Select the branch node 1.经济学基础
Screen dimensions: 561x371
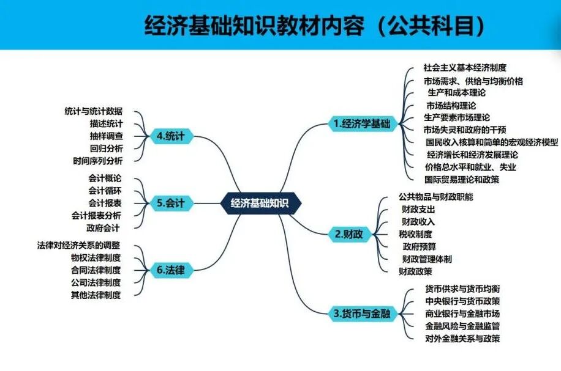click(361, 123)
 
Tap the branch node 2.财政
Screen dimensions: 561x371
click(348, 233)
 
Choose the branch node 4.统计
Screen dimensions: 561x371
click(171, 136)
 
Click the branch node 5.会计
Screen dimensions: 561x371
click(171, 203)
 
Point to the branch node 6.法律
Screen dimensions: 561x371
click(171, 270)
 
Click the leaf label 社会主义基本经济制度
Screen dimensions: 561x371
click(465, 67)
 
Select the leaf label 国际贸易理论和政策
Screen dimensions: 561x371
click(461, 180)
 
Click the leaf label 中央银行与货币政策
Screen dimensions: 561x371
click(462, 301)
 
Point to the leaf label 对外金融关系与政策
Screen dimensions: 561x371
click(462, 338)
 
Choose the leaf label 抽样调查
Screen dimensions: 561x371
click(106, 136)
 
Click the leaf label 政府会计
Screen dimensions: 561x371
click(102, 227)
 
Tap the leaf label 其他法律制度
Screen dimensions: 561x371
click(96, 295)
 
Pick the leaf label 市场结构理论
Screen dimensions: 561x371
click(451, 105)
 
